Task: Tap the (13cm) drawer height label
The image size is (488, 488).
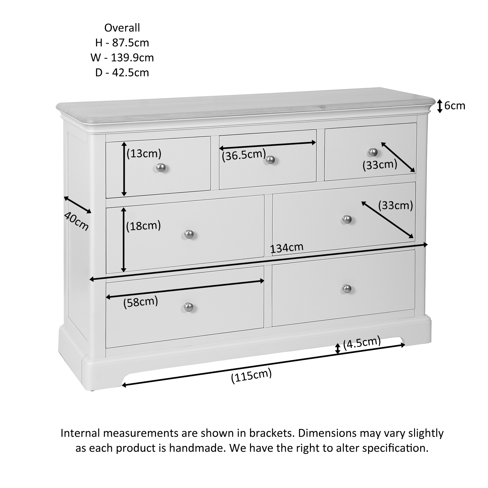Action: pos(144,154)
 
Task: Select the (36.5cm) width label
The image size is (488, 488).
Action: pos(244,155)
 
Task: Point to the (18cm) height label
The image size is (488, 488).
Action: pos(143,226)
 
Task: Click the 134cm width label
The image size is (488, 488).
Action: pos(287,248)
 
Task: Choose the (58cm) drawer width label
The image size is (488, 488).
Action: pos(141,302)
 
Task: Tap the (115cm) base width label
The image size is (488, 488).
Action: pos(251,376)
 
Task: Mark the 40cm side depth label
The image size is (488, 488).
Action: pos(76,221)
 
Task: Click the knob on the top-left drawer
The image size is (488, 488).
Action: pos(161,167)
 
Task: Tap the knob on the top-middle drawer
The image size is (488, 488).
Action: pos(271,159)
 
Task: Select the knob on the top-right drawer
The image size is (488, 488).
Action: pos(373,152)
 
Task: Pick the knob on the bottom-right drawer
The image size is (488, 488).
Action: pos(347,288)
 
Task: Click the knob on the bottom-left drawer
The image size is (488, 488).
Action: pos(189,307)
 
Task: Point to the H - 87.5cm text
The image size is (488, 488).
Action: pos(122,43)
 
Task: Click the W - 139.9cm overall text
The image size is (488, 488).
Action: pos(122,58)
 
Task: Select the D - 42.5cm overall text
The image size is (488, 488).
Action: pos(122,73)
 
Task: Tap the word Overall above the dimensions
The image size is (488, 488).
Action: pos(122,28)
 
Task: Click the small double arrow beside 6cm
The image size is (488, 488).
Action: pos(440,106)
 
